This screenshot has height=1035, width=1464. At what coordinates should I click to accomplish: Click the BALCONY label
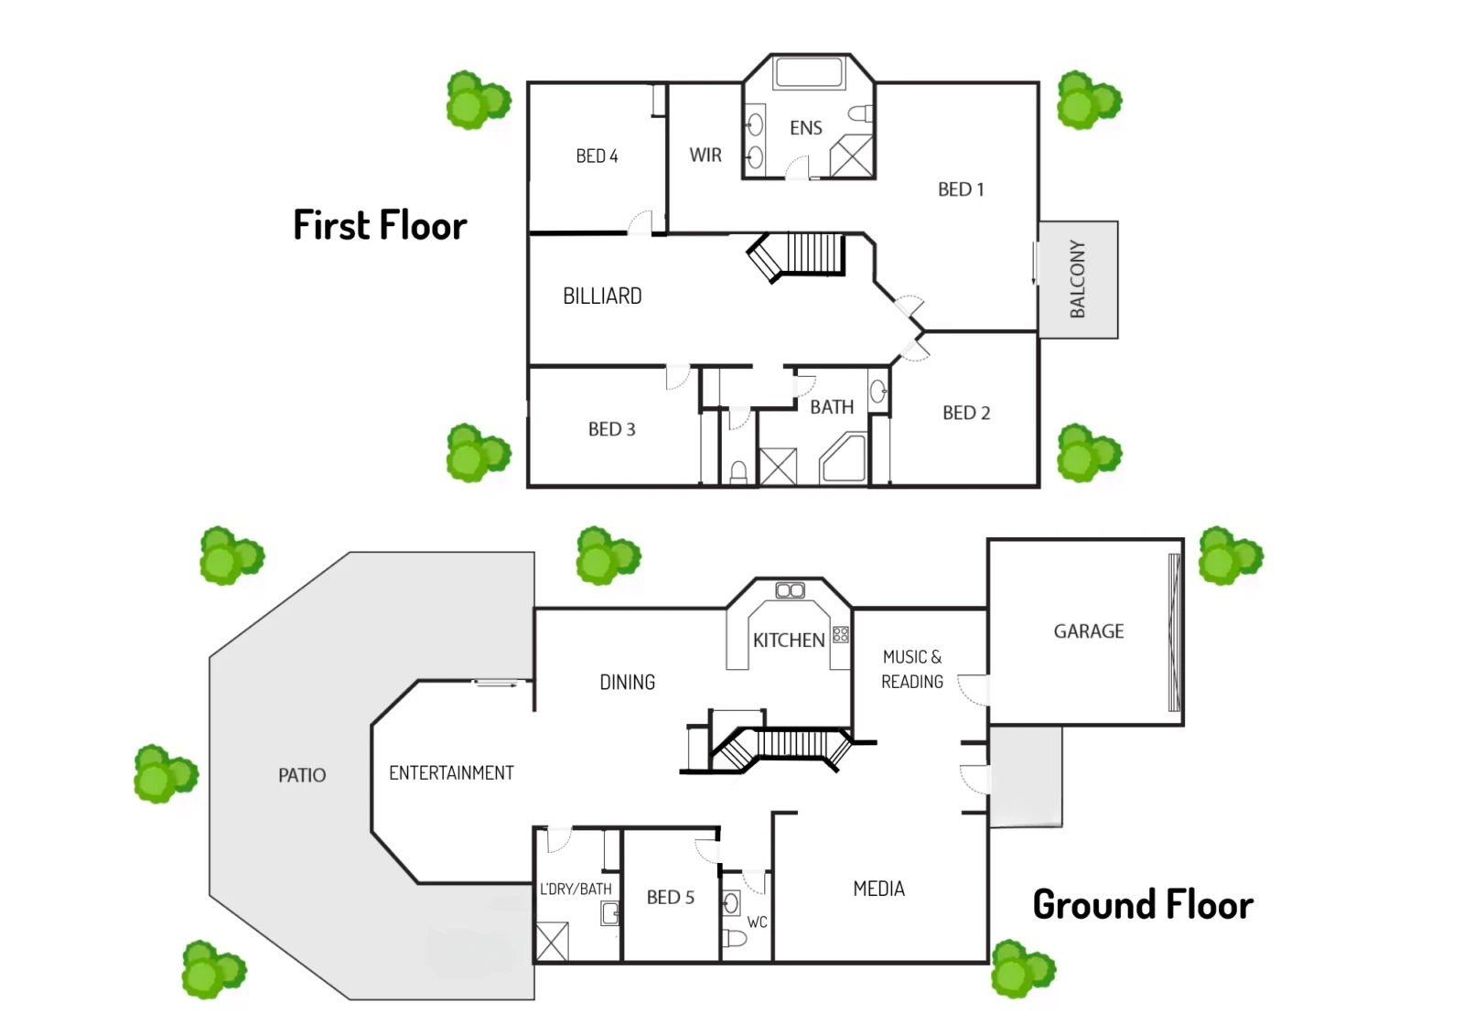tap(1078, 279)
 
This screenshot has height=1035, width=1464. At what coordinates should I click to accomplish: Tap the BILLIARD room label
tap(603, 296)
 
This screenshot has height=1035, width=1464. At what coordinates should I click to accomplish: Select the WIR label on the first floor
tap(705, 155)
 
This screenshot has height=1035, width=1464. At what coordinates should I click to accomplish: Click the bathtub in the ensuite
tap(808, 72)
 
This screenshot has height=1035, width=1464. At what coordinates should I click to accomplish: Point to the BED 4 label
tap(597, 156)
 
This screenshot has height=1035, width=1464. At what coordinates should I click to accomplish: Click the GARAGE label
tap(1089, 631)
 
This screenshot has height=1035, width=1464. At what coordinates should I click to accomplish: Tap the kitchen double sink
tap(791, 590)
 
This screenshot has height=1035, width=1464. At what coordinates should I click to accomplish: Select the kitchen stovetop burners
tap(841, 634)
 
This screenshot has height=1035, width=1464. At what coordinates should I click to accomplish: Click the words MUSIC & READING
tap(912, 669)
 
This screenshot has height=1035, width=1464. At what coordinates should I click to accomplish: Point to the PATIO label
tap(302, 775)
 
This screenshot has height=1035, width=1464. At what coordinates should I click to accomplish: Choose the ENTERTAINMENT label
tap(452, 772)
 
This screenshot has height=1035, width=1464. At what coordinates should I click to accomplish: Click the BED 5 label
tap(671, 897)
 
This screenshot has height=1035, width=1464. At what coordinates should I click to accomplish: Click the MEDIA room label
tap(879, 889)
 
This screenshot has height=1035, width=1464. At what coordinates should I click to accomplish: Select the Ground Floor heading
tap(1143, 905)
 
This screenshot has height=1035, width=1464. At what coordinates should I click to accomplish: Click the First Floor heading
tap(381, 225)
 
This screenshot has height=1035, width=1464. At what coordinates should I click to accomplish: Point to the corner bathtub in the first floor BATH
tap(844, 458)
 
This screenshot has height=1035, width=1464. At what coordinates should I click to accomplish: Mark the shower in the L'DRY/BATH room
tap(553, 941)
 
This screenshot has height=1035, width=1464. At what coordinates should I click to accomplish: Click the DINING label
tap(628, 682)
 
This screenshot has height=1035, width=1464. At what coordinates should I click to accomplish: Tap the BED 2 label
tap(966, 413)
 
